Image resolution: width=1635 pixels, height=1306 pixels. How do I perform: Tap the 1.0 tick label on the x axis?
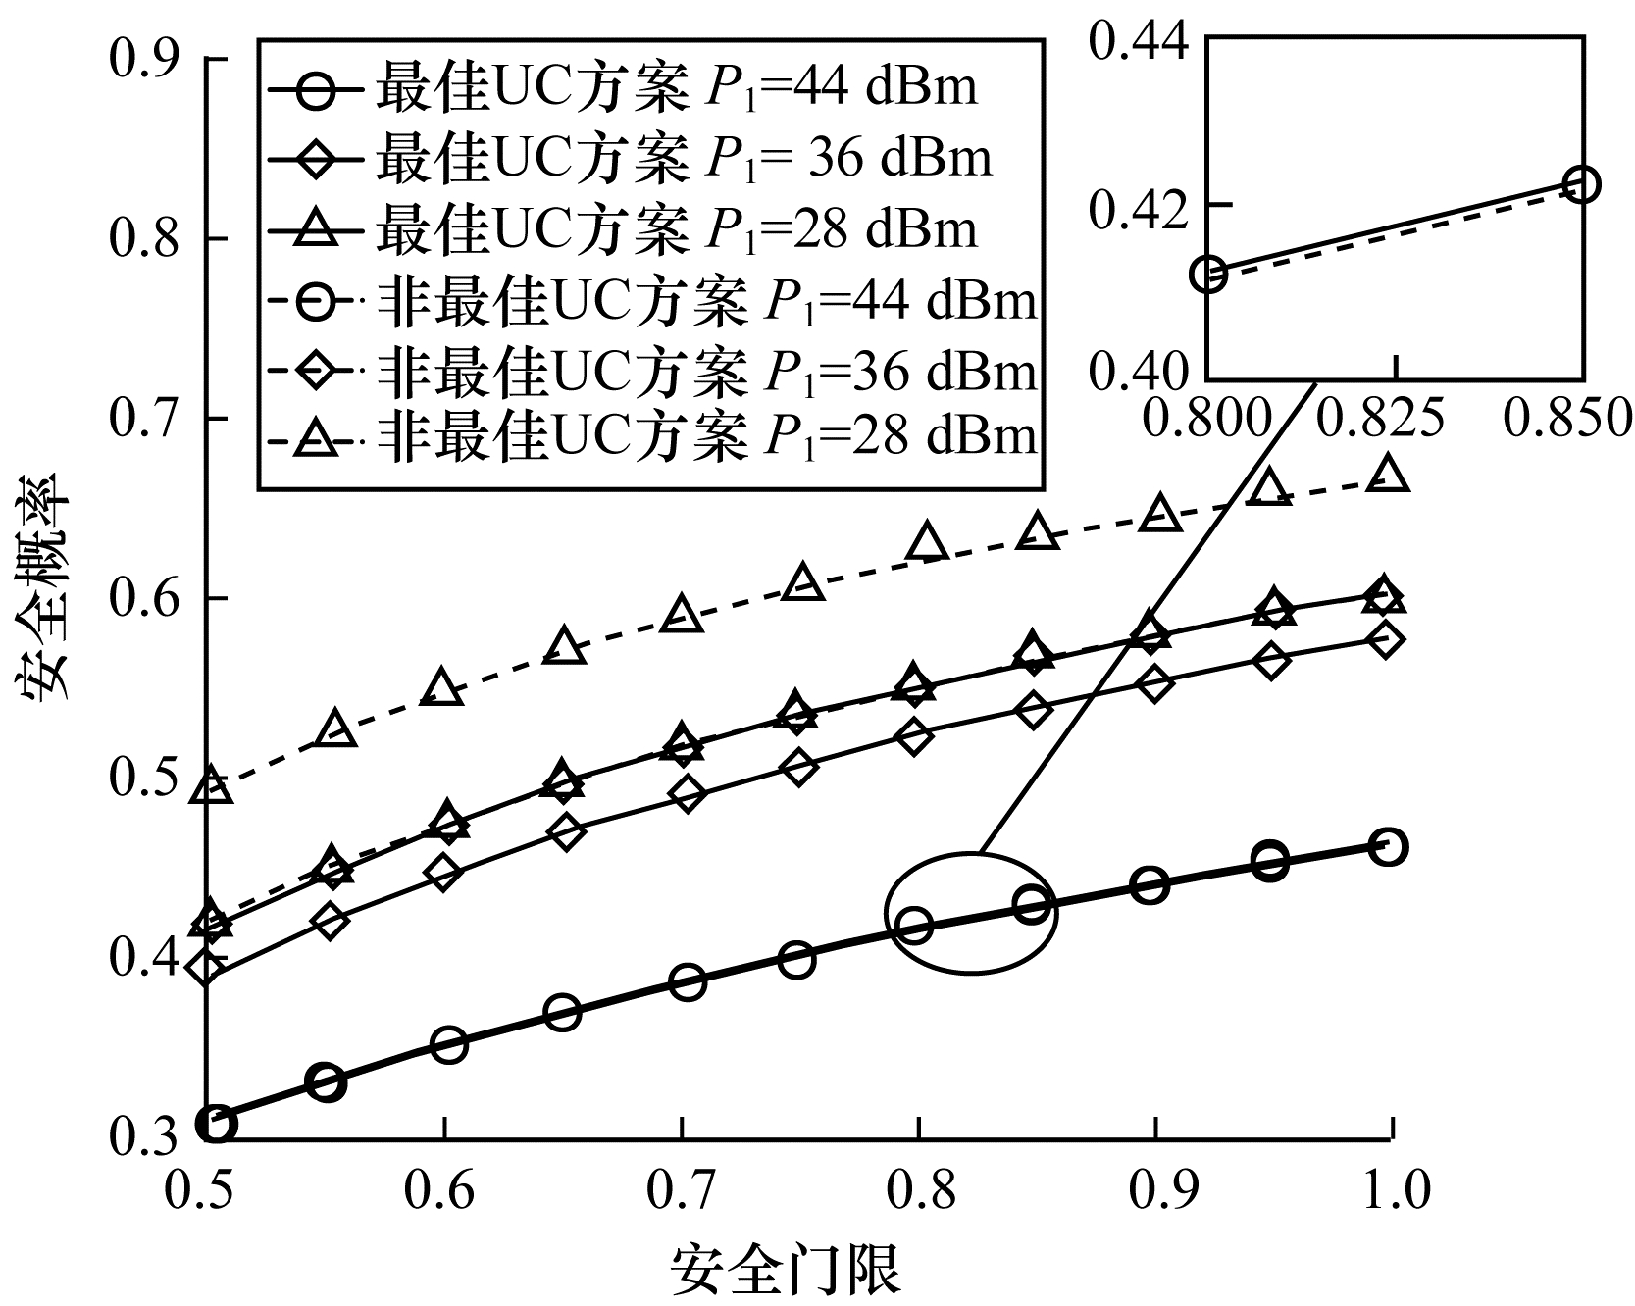[1390, 1188]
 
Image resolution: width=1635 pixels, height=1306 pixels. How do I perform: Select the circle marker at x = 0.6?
[448, 1044]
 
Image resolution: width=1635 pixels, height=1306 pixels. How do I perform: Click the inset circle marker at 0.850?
[1582, 183]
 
